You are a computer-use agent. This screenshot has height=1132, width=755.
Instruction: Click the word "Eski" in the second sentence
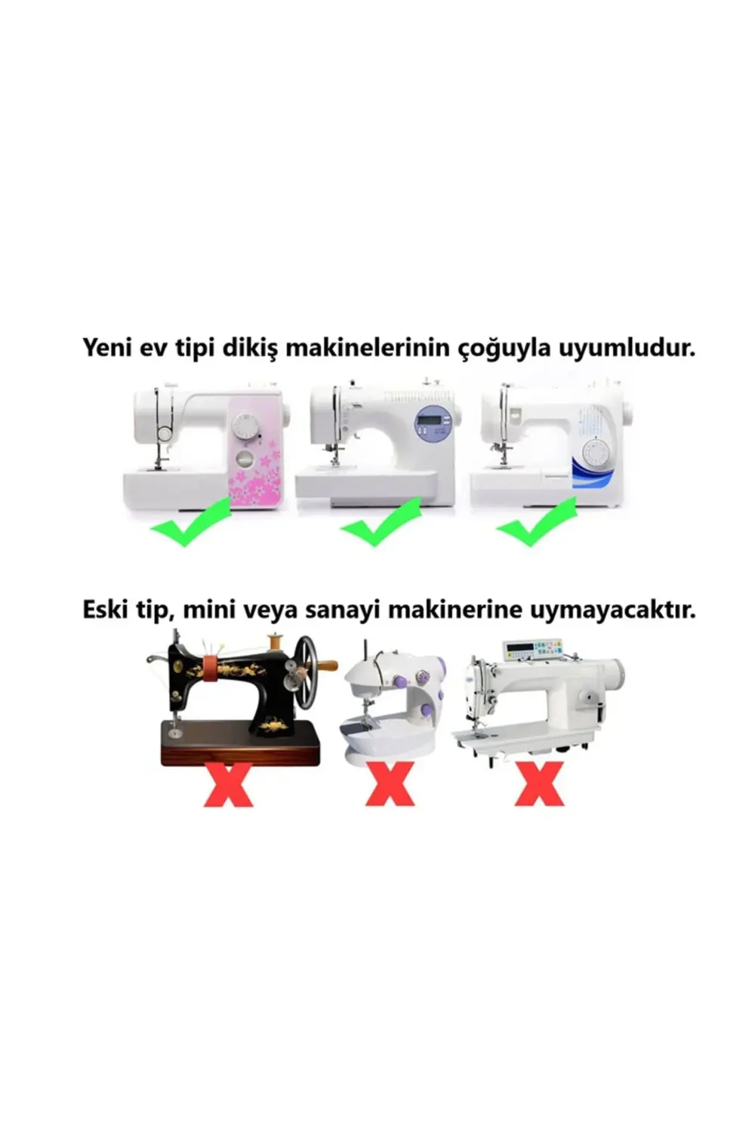106,610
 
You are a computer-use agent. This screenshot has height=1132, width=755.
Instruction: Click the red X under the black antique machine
228,785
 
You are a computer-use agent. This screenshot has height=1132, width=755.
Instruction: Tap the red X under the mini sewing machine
390,785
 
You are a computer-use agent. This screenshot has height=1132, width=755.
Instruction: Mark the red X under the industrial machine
539,785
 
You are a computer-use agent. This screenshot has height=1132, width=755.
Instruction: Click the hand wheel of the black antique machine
306,672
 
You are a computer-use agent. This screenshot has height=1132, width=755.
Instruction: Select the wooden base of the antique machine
240,746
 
